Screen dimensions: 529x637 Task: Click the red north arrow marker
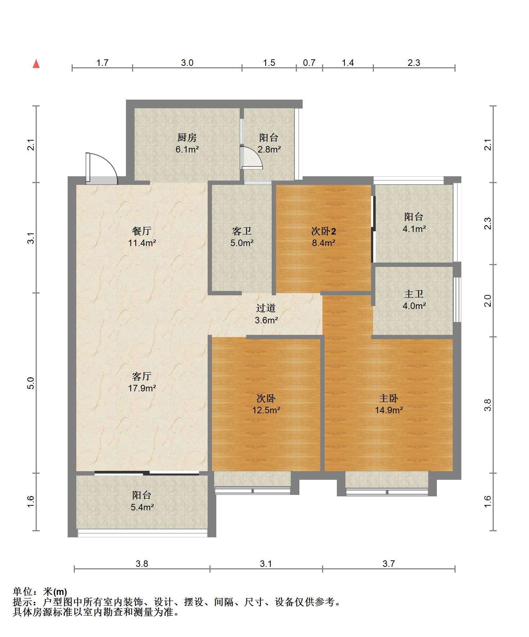[x=36, y=64]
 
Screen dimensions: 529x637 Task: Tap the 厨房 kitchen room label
[x=187, y=138]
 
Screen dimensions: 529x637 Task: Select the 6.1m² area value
[x=187, y=150]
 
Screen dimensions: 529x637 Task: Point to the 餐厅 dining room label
[x=142, y=231]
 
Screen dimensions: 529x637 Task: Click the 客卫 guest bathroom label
[x=242, y=231]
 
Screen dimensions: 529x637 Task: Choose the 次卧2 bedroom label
[x=324, y=231]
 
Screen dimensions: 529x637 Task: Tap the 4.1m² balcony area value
[x=414, y=229]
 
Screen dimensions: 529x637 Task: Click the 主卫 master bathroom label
[x=414, y=294]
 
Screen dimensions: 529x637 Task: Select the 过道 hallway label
[x=266, y=308]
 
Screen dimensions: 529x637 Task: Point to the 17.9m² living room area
[x=142, y=388]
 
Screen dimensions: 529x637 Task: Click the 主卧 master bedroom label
[x=389, y=398]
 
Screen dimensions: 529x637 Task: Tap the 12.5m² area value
[x=266, y=410]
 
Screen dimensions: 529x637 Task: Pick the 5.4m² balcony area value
[x=142, y=507]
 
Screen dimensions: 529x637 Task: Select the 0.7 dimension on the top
[x=309, y=63]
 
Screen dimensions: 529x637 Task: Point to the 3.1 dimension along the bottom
[x=266, y=564]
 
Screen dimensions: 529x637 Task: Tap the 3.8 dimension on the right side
[x=488, y=405]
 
